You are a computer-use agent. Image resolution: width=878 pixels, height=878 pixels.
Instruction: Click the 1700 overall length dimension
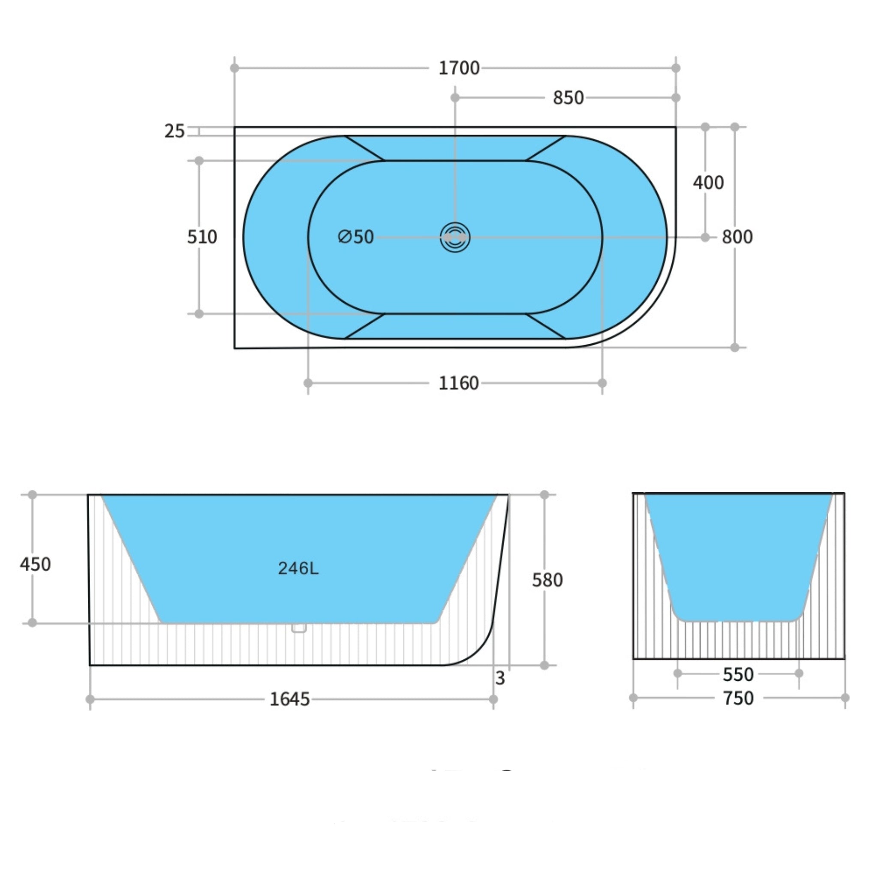point(459,68)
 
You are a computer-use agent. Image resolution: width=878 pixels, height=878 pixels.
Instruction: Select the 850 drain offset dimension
point(568,98)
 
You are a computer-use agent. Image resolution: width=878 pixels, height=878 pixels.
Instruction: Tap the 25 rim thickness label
point(174,131)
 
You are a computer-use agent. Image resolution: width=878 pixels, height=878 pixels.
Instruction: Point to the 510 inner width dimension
point(202,237)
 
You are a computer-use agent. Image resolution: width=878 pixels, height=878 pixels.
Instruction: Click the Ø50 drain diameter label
point(356,237)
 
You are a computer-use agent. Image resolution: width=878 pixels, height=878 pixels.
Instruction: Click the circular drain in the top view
point(455,237)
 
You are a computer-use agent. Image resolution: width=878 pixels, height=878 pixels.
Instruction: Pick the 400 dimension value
point(708,183)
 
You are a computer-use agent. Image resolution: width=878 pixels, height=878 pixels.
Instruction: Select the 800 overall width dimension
point(737,237)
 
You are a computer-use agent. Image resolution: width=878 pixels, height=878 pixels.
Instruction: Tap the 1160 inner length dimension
point(458,383)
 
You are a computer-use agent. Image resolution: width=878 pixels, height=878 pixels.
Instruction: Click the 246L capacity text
point(298,568)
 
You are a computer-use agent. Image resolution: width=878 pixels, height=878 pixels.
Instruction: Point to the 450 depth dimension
point(35,564)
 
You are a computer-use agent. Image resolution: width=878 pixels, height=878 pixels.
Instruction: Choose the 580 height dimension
point(547,580)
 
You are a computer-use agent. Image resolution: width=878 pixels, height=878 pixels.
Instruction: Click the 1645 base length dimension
point(289,699)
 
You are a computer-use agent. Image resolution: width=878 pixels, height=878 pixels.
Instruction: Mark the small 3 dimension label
point(500,679)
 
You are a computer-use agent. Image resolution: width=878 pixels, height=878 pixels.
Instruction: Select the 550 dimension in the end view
point(738,674)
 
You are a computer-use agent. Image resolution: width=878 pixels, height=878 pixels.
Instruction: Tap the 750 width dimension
point(738,698)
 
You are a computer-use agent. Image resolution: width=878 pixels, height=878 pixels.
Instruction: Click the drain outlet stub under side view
point(298,628)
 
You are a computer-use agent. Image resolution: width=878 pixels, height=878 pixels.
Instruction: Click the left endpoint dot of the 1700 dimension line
point(235,68)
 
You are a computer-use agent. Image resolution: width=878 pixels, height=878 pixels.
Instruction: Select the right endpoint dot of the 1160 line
point(602,383)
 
